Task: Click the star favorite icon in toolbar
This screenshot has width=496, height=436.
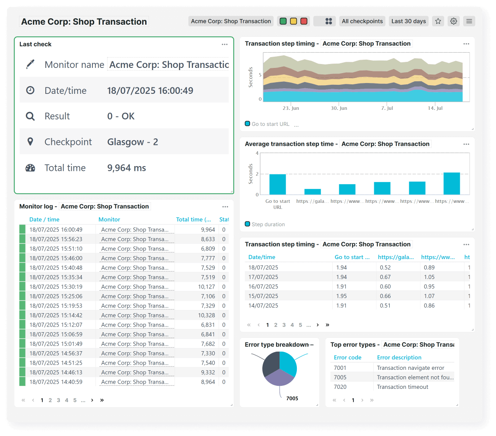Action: pyautogui.click(x=438, y=21)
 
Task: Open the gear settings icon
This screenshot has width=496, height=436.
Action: pyautogui.click(x=454, y=21)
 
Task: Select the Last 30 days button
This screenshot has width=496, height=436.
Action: pyautogui.click(x=409, y=21)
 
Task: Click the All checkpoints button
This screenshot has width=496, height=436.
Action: pyautogui.click(x=362, y=21)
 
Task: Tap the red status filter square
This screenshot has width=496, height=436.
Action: pyautogui.click(x=304, y=21)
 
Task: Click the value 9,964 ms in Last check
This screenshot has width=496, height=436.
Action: pyautogui.click(x=127, y=168)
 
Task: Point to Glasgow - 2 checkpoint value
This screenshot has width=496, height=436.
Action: pyautogui.click(x=133, y=142)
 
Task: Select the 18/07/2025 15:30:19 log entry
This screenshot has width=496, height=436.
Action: pyautogui.click(x=56, y=287)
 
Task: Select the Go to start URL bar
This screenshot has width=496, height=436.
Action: pyautogui.click(x=277, y=184)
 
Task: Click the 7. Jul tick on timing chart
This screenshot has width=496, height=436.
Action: pyautogui.click(x=387, y=108)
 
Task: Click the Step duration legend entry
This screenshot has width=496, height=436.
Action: pyautogui.click(x=268, y=224)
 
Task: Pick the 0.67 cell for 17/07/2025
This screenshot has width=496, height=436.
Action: pyautogui.click(x=385, y=277)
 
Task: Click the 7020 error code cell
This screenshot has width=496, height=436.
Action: pyautogui.click(x=340, y=387)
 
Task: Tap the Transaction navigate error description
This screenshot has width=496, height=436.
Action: pyautogui.click(x=410, y=368)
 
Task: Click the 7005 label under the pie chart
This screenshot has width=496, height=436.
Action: pyautogui.click(x=292, y=398)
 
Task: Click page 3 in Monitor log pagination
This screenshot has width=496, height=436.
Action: pyautogui.click(x=58, y=400)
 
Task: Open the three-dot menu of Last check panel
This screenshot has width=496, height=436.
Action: pyautogui.click(x=224, y=44)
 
